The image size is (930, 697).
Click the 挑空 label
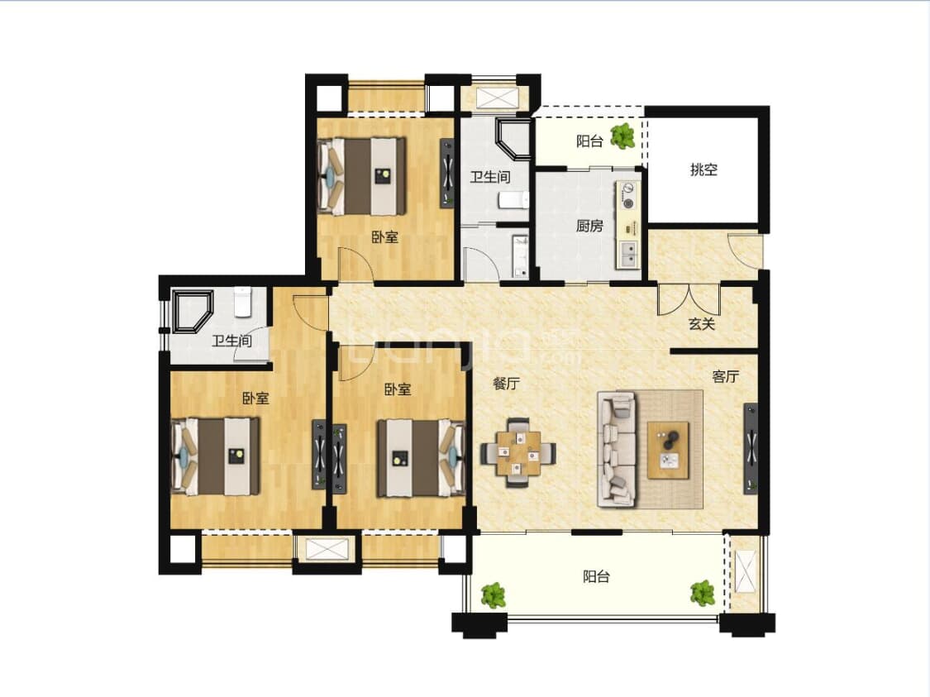coord(703,169)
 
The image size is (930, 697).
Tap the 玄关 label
coord(702,324)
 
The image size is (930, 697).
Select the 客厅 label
coord(725,376)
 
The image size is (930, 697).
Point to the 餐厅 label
coord(506,383)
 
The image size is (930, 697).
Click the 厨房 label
coord(589,226)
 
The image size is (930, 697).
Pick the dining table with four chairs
coord(517,452)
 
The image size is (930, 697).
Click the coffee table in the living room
coord(669,450)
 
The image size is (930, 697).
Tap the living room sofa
coord(617,450)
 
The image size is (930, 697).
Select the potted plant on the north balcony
coord(622,136)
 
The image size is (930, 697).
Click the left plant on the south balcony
coord(494,595)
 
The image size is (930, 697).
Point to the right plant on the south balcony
coord(703,593)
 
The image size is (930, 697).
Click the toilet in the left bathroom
coord(242,301)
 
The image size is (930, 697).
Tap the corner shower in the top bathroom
coord(513,140)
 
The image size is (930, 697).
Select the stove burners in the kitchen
coord(627,196)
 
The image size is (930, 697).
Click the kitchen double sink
coord(627,254)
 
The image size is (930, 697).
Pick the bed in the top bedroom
coord(362,176)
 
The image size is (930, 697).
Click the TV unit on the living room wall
coord(751,448)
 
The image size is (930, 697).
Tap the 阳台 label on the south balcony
coord(596,576)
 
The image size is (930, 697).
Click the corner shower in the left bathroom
coord(192,312)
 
